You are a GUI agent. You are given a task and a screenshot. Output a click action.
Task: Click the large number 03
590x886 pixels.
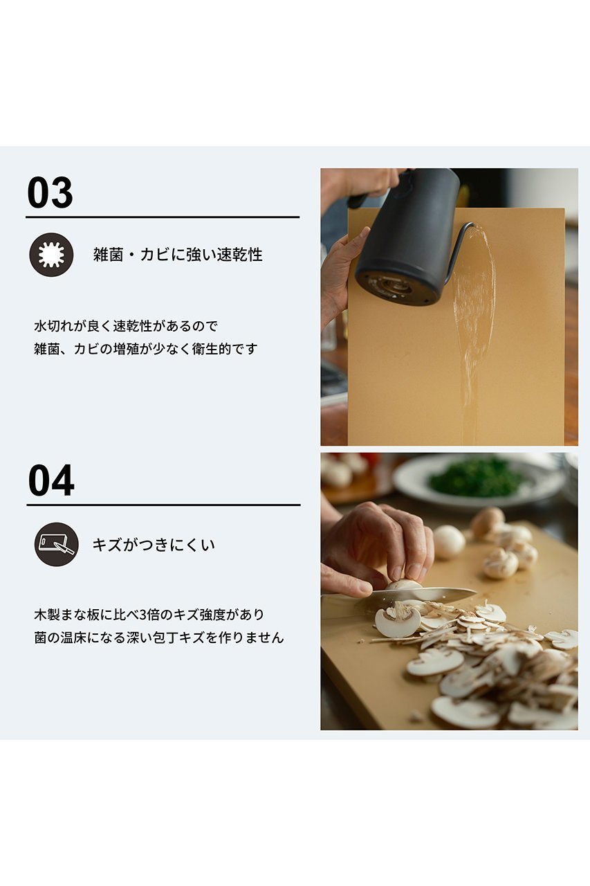pos(50,192)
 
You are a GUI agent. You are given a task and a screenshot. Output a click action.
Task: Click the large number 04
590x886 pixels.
pos(51,480)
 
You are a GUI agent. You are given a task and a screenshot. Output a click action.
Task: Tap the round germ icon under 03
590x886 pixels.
pos(51,255)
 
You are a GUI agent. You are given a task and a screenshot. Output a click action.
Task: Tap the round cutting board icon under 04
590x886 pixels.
pos(57,545)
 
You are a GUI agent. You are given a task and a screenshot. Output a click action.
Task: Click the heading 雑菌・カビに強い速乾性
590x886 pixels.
pos(178,254)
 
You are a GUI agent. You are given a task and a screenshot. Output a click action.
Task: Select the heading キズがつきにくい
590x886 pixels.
pos(154,545)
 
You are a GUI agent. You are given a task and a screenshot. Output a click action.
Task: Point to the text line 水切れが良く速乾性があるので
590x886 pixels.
pos(126,326)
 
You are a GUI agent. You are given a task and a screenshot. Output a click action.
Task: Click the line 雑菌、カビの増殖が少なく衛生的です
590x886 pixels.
pos(146,349)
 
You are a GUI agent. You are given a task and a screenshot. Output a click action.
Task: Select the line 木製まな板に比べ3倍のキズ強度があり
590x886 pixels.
pos(149,615)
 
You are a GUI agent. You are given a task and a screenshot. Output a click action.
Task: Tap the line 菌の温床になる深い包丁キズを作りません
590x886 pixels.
pos(159,638)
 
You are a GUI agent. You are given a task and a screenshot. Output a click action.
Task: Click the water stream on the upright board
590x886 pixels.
pos(472,332)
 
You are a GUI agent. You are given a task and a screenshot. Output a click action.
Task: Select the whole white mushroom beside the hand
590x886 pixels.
pos(450,542)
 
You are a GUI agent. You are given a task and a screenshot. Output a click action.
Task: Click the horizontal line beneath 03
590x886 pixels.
pos(163,217)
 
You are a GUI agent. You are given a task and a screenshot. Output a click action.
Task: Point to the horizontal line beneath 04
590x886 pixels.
pos(164,505)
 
